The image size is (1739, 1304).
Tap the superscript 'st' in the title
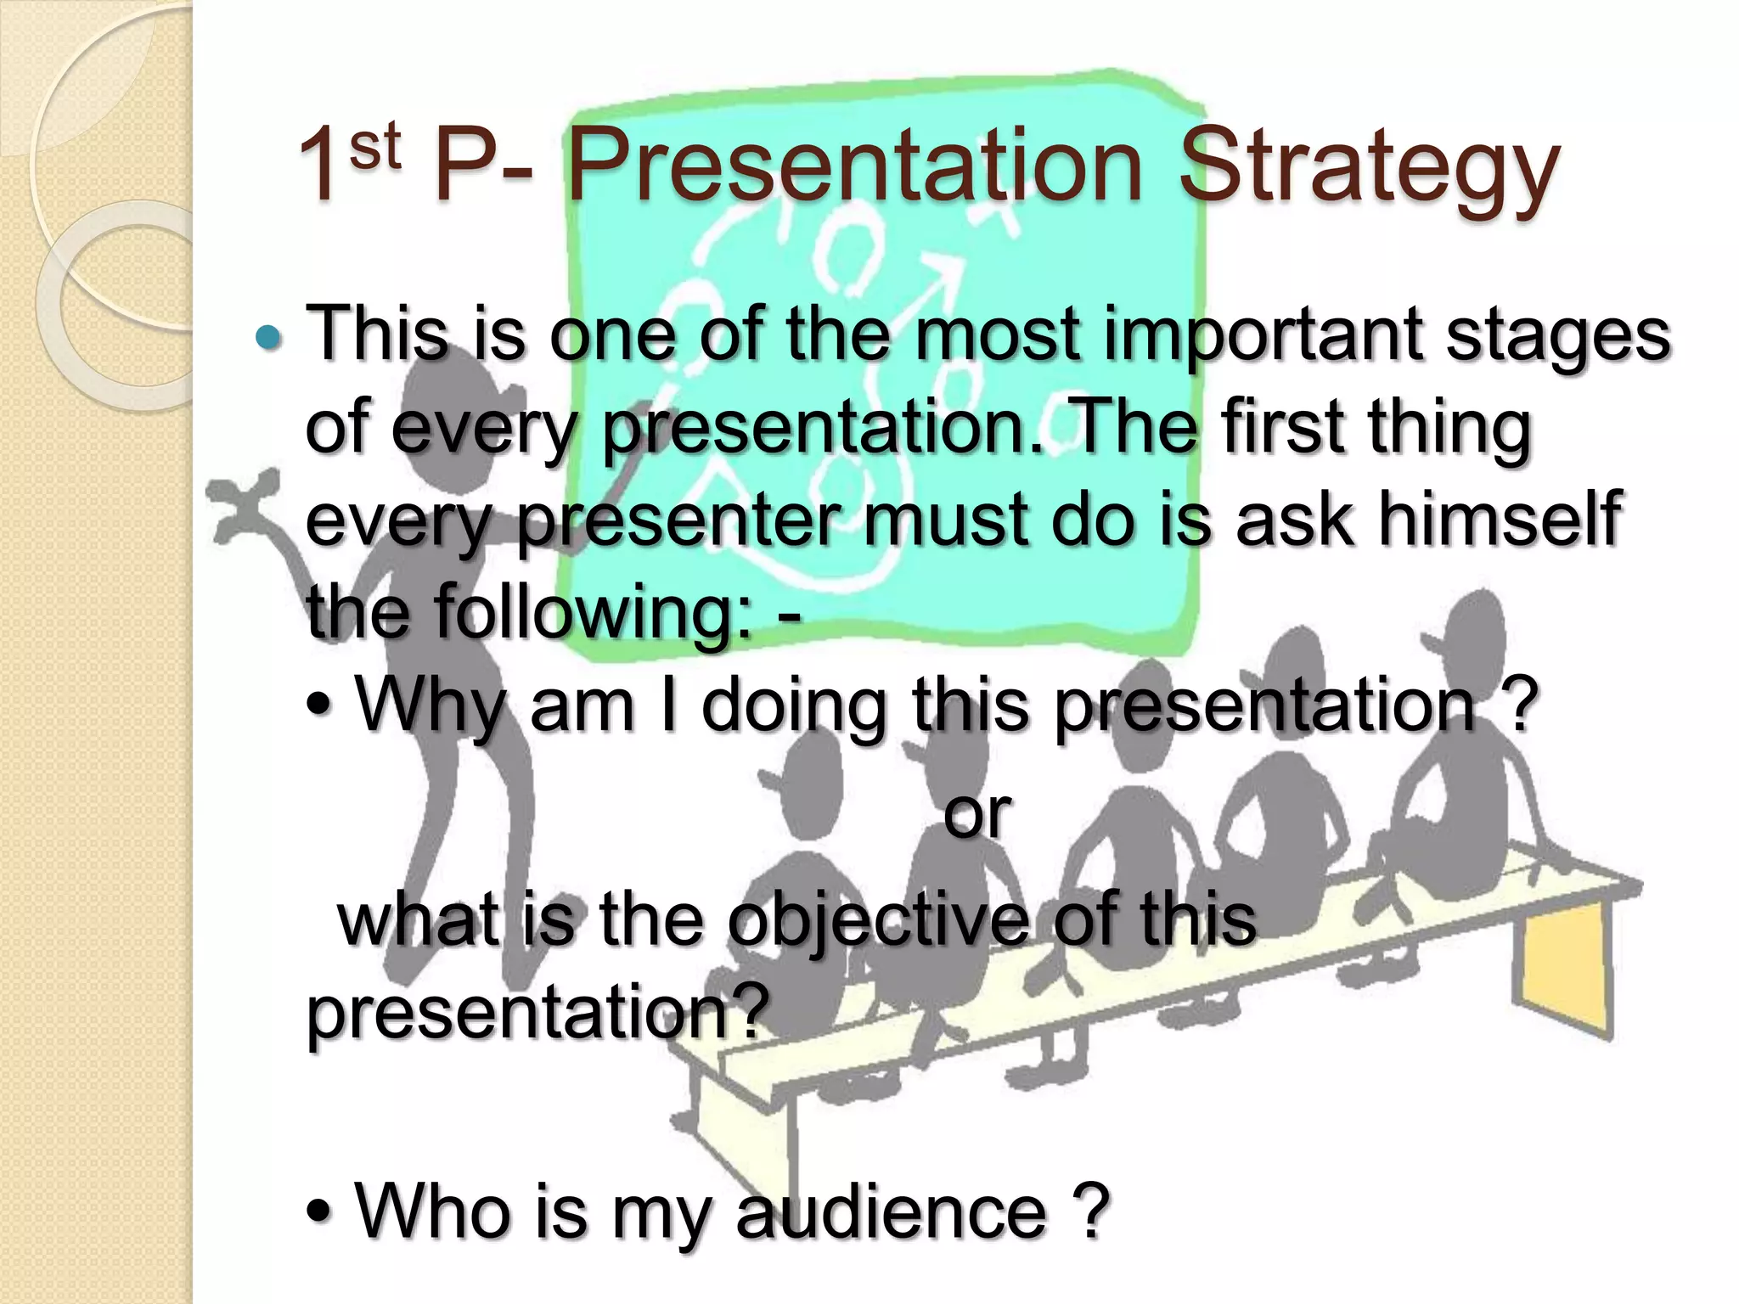[x=374, y=146]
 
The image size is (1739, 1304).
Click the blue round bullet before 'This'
[x=268, y=339]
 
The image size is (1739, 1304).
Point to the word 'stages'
[x=1558, y=335]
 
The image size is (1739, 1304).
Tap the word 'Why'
[x=430, y=705]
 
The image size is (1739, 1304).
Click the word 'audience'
[x=892, y=1211]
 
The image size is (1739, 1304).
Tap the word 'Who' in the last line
[x=430, y=1211]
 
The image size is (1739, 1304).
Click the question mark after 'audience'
[x=1091, y=1211]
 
